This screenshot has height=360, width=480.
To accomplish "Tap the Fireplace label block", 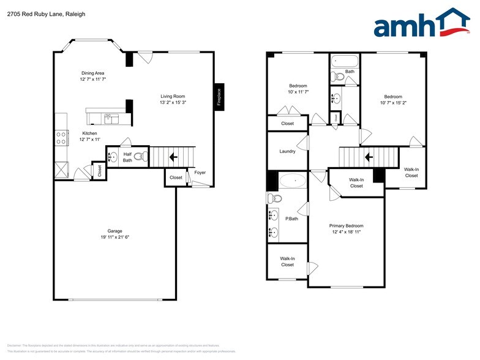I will click(x=219, y=97).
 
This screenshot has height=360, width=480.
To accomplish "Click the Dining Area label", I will click(x=92, y=73).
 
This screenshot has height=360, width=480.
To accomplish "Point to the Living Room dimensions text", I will click(x=173, y=103).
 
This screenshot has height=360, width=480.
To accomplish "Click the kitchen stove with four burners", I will click(x=61, y=138).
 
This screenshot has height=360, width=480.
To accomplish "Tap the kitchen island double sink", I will click(x=111, y=118).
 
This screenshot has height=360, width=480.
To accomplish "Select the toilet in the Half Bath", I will click(x=141, y=157).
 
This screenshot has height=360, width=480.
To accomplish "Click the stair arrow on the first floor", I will click(x=173, y=157).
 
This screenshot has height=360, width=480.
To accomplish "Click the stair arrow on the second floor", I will click(x=369, y=157).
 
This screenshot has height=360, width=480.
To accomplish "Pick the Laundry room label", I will click(x=287, y=151).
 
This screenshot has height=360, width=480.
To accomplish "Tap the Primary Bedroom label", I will click(x=346, y=225).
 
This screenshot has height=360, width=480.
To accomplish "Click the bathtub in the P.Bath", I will click(x=293, y=181).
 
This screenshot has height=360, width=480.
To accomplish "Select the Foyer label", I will click(x=200, y=173).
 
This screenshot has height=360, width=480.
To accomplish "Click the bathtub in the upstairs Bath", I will click(x=344, y=61).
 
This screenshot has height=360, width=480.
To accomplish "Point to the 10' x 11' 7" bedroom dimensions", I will click(x=298, y=92).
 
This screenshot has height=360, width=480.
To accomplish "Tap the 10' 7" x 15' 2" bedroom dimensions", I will click(x=392, y=103).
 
